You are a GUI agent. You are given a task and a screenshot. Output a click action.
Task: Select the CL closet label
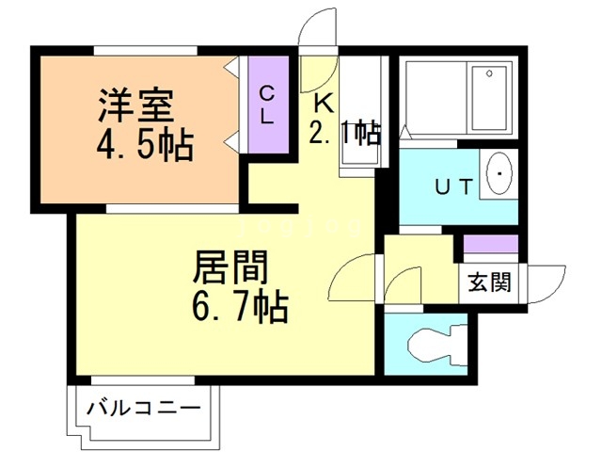point(266,105)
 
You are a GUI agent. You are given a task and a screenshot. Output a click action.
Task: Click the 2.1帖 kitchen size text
point(345,133)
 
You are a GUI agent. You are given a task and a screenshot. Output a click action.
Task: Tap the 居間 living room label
point(231,268)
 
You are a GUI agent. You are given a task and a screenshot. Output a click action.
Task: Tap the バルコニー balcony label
point(143,409)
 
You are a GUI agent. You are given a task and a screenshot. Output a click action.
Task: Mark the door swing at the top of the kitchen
point(317,29)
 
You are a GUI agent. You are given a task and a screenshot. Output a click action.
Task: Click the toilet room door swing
point(406,284)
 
